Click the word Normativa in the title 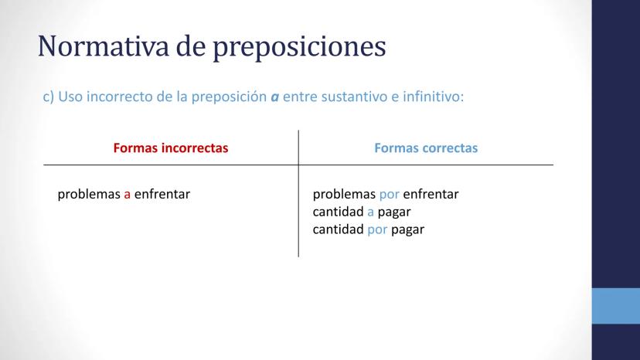coord(104,46)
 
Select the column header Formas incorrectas coord(171,148)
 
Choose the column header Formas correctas coord(426,148)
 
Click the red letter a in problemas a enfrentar coord(128,195)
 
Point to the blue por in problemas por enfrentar coord(389,195)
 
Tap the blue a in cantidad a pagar coord(370,212)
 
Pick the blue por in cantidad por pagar coord(377,230)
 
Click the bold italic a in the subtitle coord(274,97)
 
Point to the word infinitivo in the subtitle coord(433,97)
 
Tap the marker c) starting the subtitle coord(49,97)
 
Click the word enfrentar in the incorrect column coord(162,194)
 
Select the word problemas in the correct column coord(344,195)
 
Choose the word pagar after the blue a coord(394,213)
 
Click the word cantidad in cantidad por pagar coord(338,229)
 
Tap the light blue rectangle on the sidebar coord(616,306)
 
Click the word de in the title coord(191,46)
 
